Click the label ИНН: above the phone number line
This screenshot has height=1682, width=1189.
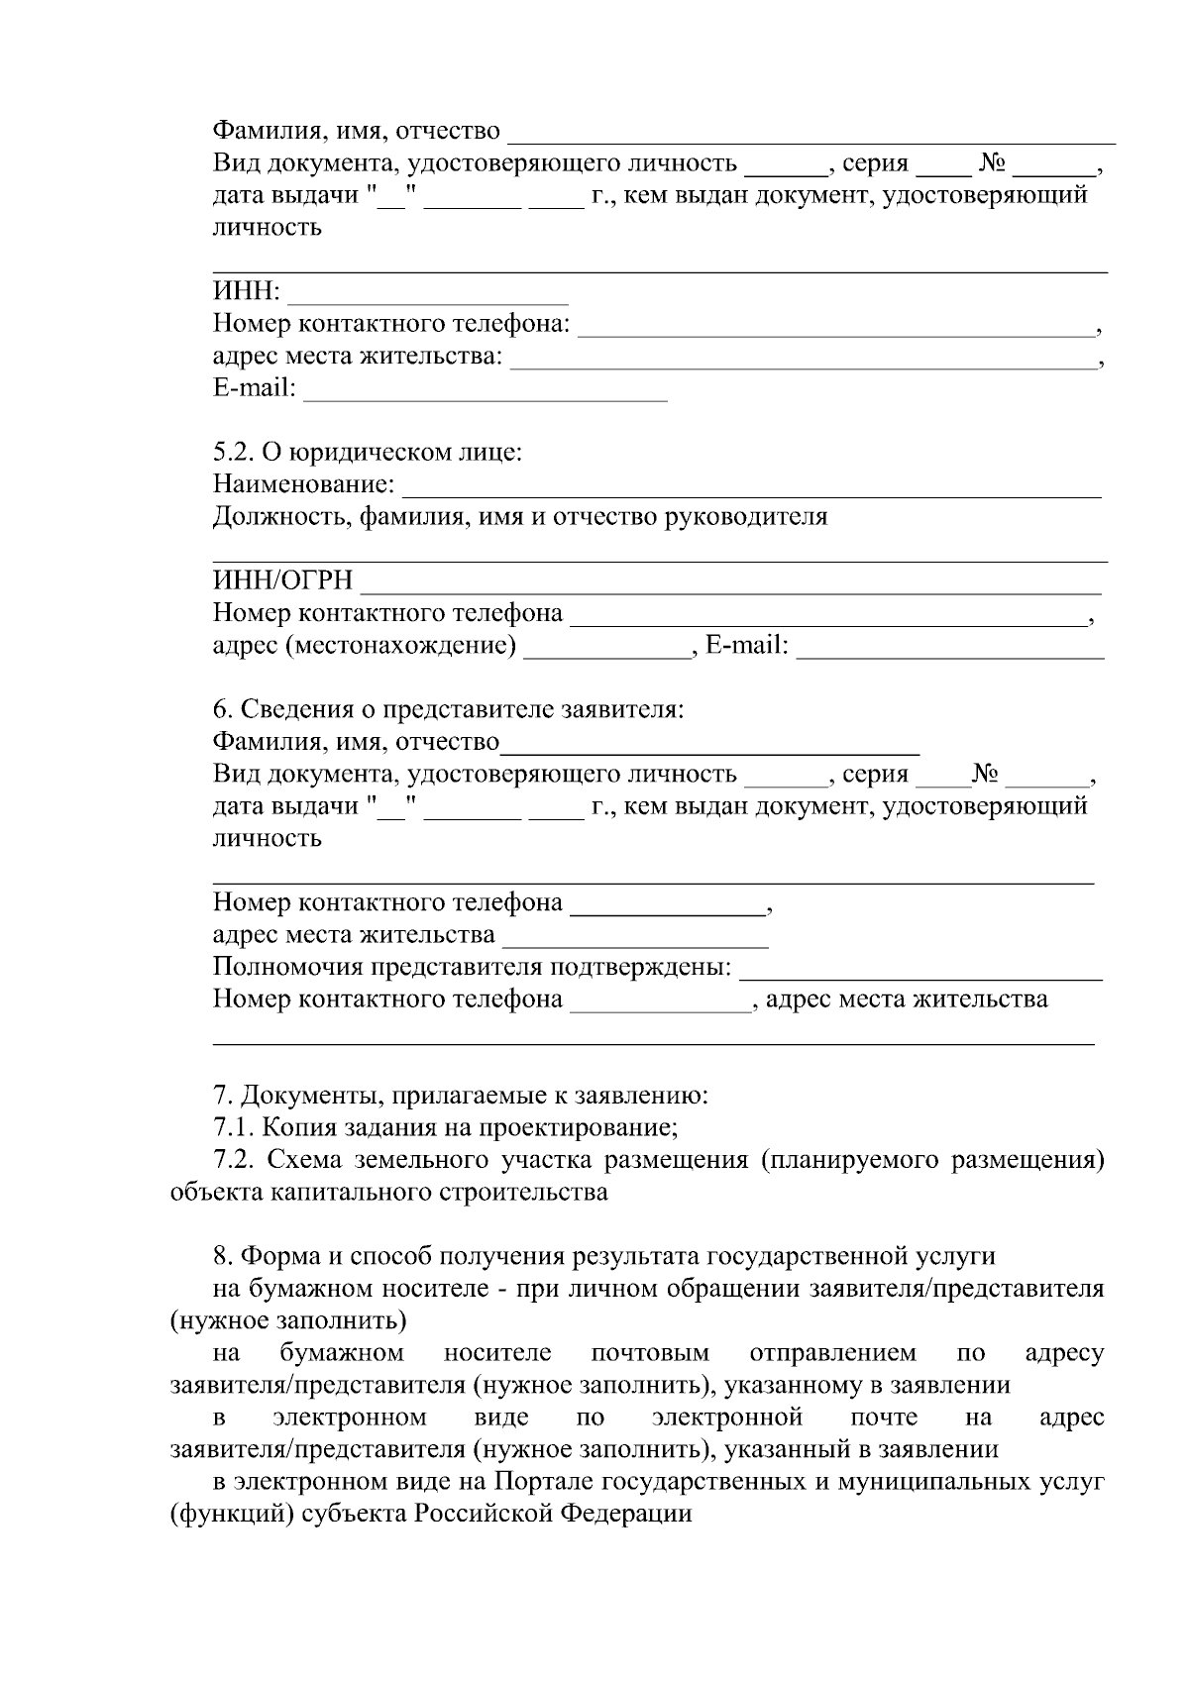coord(247,292)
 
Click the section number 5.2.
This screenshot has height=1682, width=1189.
coord(234,453)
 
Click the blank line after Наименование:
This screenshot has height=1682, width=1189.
coord(753,493)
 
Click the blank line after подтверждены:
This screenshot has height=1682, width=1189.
coord(921,977)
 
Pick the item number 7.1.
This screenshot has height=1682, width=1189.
coord(234,1128)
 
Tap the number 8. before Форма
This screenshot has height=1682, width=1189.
coord(223,1257)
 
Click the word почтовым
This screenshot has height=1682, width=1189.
coord(649,1353)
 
